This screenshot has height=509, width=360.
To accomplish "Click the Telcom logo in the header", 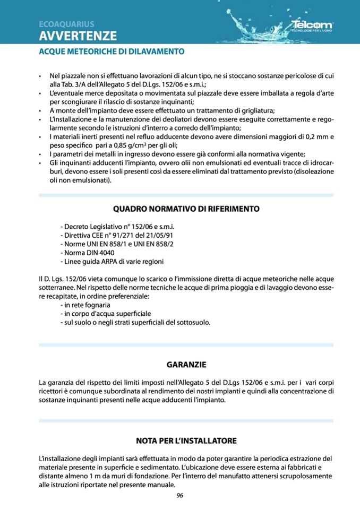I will point(312,25).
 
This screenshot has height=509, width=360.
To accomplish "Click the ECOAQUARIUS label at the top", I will point(66,24).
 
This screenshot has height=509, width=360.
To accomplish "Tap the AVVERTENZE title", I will point(78,36).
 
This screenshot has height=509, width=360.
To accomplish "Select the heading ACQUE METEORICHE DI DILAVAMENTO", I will point(112,52).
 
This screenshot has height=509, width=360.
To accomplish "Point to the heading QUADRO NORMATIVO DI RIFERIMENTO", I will point(186,209).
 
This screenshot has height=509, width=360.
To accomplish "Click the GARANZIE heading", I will point(186,365).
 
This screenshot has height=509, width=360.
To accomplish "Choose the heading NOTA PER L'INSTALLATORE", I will point(186,441).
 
